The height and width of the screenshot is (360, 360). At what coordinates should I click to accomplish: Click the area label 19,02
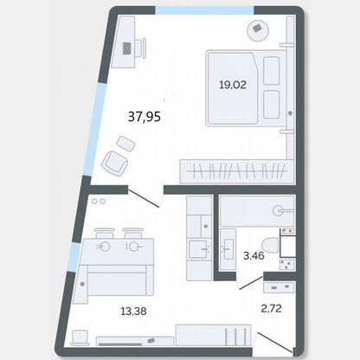[x=233, y=85]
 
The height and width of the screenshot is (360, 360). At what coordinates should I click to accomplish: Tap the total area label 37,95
[x=145, y=117]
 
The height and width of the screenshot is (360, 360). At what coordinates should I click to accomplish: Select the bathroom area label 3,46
[x=254, y=255]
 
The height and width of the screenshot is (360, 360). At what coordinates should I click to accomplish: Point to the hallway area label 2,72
[x=271, y=308]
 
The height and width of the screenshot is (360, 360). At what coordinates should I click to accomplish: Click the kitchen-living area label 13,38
[x=133, y=312]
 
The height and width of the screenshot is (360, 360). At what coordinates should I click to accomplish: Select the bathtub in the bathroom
[x=257, y=210]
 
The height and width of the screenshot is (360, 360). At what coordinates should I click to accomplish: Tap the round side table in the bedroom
[x=258, y=30]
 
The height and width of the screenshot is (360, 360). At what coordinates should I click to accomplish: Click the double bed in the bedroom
[x=246, y=88]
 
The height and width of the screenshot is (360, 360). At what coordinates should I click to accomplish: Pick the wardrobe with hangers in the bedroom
[x=236, y=171]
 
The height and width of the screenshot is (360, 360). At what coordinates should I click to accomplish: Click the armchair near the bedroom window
[x=115, y=164]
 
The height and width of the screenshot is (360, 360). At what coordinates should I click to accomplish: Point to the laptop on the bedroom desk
[x=127, y=48]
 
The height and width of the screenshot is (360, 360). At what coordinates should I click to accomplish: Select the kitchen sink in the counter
[x=199, y=249]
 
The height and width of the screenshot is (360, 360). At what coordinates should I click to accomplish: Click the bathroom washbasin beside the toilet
[x=228, y=249]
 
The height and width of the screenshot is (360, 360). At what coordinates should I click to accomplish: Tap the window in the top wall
[x=205, y=10]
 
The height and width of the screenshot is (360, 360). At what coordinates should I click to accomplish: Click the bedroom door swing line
[x=144, y=198]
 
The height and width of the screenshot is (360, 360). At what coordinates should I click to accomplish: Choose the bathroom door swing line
[x=251, y=283]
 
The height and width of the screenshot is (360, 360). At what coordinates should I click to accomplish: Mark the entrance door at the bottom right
[x=275, y=343]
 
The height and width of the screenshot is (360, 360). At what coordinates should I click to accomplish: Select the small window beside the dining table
[x=75, y=257]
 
